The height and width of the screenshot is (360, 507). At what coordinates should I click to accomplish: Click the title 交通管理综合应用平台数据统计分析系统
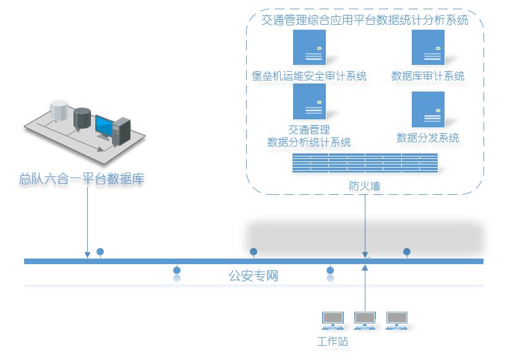click(365, 20)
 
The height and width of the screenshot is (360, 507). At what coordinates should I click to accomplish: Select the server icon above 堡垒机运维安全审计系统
click(309, 48)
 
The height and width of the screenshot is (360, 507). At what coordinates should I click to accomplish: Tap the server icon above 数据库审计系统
click(428, 48)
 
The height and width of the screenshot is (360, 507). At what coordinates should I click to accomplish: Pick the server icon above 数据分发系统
click(428, 109)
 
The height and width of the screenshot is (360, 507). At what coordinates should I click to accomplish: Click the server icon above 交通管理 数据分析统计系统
click(309, 101)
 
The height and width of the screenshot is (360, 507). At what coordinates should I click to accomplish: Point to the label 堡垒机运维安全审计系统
click(309, 76)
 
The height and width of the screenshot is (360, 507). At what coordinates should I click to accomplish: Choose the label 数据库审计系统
click(428, 76)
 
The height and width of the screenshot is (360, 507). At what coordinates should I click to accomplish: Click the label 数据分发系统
click(428, 137)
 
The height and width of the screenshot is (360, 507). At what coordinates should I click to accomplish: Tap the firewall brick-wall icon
click(365, 163)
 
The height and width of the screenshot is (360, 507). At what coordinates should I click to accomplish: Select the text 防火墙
click(365, 185)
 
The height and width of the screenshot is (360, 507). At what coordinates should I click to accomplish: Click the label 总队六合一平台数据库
click(82, 180)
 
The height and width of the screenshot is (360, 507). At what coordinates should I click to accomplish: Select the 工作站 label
click(333, 341)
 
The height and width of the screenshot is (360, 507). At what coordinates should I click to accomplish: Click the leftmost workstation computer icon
click(333, 319)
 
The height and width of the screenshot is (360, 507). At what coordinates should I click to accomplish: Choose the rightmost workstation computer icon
click(396, 319)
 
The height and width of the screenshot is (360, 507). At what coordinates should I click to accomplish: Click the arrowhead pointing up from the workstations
click(365, 268)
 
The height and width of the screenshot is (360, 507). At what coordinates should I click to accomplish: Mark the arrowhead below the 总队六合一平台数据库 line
click(87, 254)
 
